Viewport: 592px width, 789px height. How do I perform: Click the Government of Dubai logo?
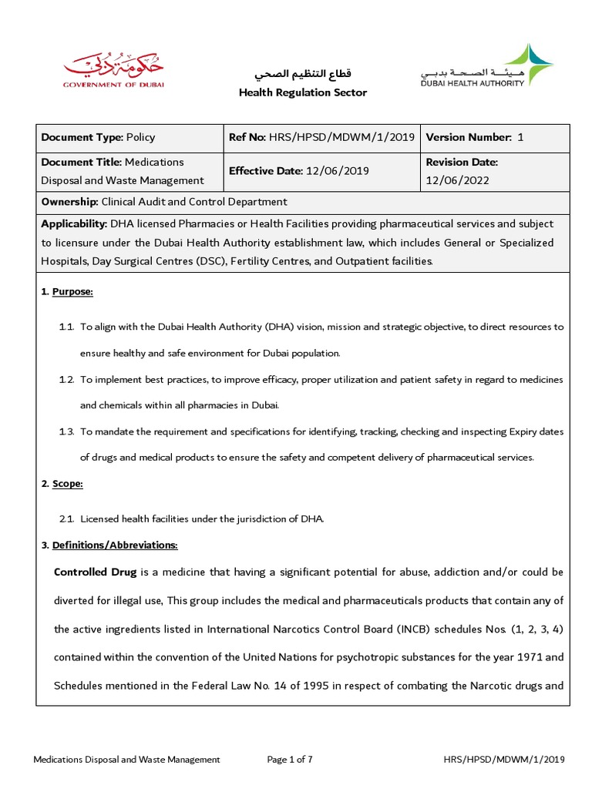[113, 71]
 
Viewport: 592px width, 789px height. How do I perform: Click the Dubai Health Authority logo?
[487, 66]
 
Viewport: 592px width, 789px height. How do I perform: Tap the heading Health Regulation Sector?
[302, 92]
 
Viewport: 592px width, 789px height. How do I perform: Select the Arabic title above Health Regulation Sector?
[302, 74]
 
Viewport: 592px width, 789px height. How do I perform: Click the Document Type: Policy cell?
[98, 137]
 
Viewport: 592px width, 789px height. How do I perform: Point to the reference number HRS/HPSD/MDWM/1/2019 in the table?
[341, 137]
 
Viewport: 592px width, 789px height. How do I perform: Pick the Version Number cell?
[475, 137]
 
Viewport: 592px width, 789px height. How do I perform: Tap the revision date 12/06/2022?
[452, 180]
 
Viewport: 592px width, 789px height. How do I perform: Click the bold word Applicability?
[74, 223]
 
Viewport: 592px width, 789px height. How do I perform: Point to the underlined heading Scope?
[67, 484]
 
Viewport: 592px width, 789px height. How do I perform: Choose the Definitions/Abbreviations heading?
[115, 545]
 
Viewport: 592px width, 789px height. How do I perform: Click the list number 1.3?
[66, 431]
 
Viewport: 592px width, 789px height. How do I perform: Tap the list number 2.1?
[66, 519]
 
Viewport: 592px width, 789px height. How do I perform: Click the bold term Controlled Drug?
[95, 572]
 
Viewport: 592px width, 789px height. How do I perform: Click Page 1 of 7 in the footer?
[290, 759]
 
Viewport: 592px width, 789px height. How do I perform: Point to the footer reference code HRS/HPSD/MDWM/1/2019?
[504, 759]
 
